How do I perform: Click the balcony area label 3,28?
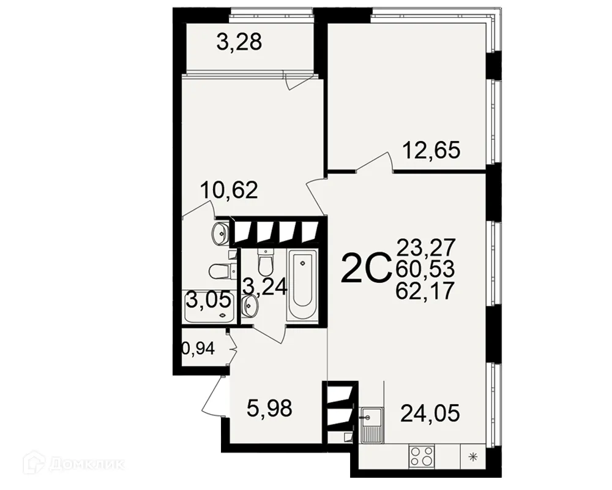[x=239, y=42]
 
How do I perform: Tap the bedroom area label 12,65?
[x=430, y=149]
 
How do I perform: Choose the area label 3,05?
[x=208, y=300]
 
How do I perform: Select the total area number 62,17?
[x=425, y=290]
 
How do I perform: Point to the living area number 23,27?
[x=425, y=247]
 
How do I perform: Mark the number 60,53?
[x=425, y=268]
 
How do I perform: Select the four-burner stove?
[x=421, y=456]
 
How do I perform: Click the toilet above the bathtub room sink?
[x=266, y=262]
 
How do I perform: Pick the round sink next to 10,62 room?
[x=219, y=233]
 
